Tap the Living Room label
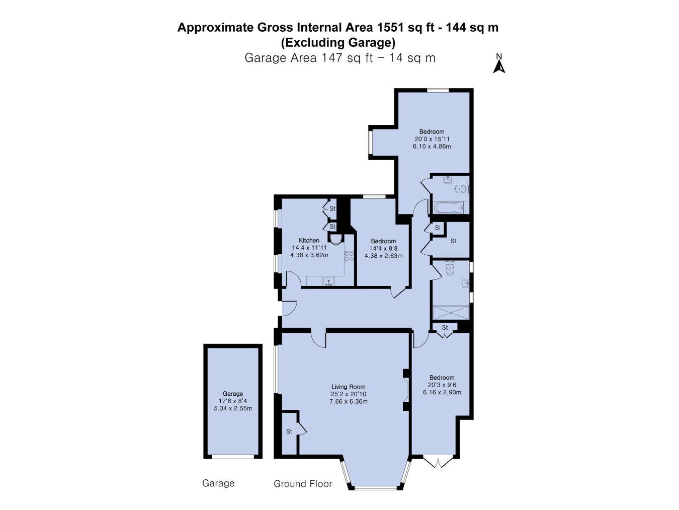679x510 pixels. click(x=349, y=387)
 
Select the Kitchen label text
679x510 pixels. click(x=309, y=240)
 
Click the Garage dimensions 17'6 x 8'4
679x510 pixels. click(x=233, y=401)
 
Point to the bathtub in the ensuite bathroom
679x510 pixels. click(x=449, y=207)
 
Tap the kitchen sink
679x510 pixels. click(x=328, y=281)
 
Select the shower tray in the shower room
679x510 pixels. click(x=451, y=313)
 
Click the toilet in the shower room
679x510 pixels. click(x=450, y=268)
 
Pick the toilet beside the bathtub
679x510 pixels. click(x=462, y=189)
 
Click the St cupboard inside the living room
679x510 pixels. click(x=289, y=431)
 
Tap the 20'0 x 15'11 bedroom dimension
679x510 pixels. click(x=432, y=139)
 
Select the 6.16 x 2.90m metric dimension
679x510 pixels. click(x=442, y=392)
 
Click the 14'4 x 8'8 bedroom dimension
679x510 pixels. click(x=383, y=248)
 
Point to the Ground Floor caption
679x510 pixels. click(x=303, y=483)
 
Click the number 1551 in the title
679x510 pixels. click(x=390, y=28)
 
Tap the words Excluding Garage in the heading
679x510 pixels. click(x=338, y=42)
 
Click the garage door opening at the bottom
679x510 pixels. click(x=233, y=457)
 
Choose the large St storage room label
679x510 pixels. click(x=453, y=241)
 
